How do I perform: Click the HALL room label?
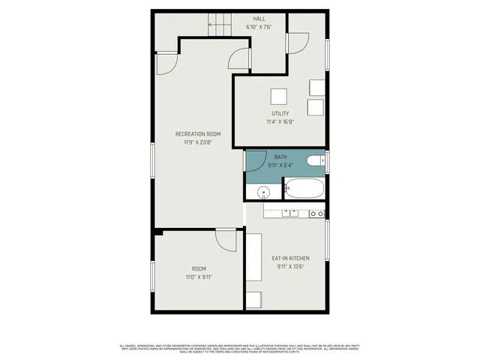(259, 19)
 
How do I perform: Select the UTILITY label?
(280, 113)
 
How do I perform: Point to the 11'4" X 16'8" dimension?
(280, 121)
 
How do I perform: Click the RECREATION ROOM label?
(198, 134)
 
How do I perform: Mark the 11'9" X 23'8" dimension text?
(198, 142)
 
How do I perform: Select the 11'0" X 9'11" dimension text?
(199, 277)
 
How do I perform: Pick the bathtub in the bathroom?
(304, 188)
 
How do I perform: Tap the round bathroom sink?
(263, 193)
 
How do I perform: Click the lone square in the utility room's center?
(279, 96)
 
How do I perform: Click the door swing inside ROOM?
(226, 241)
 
